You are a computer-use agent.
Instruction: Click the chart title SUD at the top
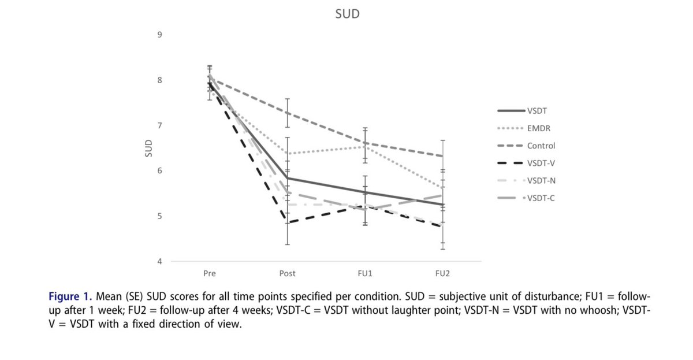coord(347,14)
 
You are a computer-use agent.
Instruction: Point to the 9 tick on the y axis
coord(159,35)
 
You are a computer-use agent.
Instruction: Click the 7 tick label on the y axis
coord(159,125)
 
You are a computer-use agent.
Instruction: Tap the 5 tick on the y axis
coord(159,216)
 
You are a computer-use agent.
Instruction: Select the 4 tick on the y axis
coord(159,261)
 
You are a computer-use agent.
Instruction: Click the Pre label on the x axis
coord(210,273)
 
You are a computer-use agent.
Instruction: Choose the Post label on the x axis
coord(288,273)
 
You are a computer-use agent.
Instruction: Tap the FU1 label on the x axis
coord(365,273)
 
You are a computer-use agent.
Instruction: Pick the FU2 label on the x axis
coord(442,273)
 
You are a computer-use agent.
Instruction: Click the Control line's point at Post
coord(288,113)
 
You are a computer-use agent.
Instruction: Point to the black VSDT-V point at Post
coord(288,222)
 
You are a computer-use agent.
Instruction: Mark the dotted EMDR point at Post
coord(288,154)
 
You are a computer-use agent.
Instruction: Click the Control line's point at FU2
coord(442,156)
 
